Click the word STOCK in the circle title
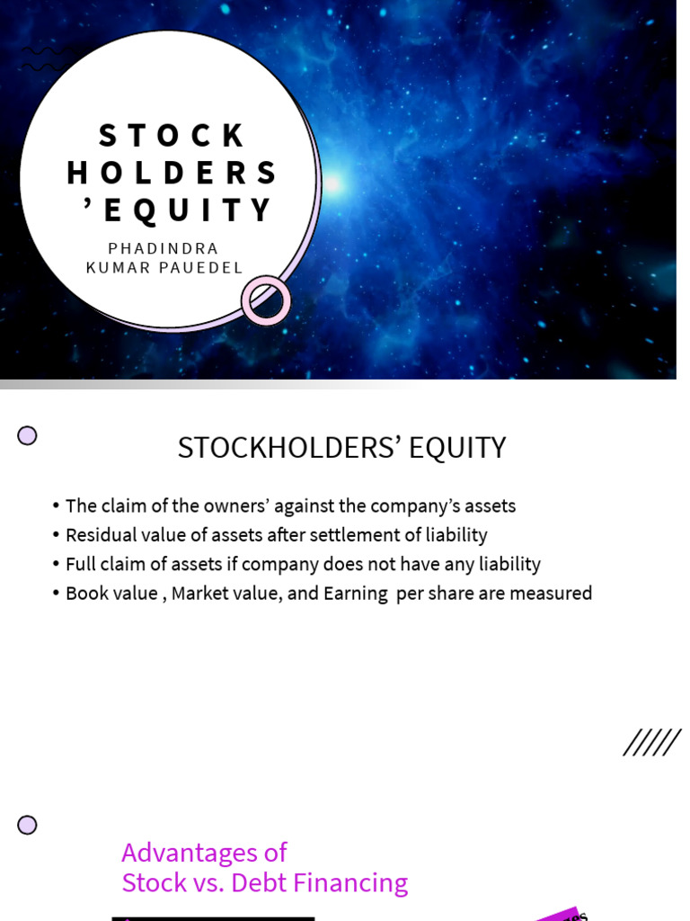click(172, 136)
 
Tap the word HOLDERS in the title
click(172, 173)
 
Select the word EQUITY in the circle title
click(188, 210)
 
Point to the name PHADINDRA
click(164, 248)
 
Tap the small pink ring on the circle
click(266, 300)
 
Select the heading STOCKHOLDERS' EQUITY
click(341, 448)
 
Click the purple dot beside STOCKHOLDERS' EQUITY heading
click(28, 436)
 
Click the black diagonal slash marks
click(651, 743)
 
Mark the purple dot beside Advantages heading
click(28, 825)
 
